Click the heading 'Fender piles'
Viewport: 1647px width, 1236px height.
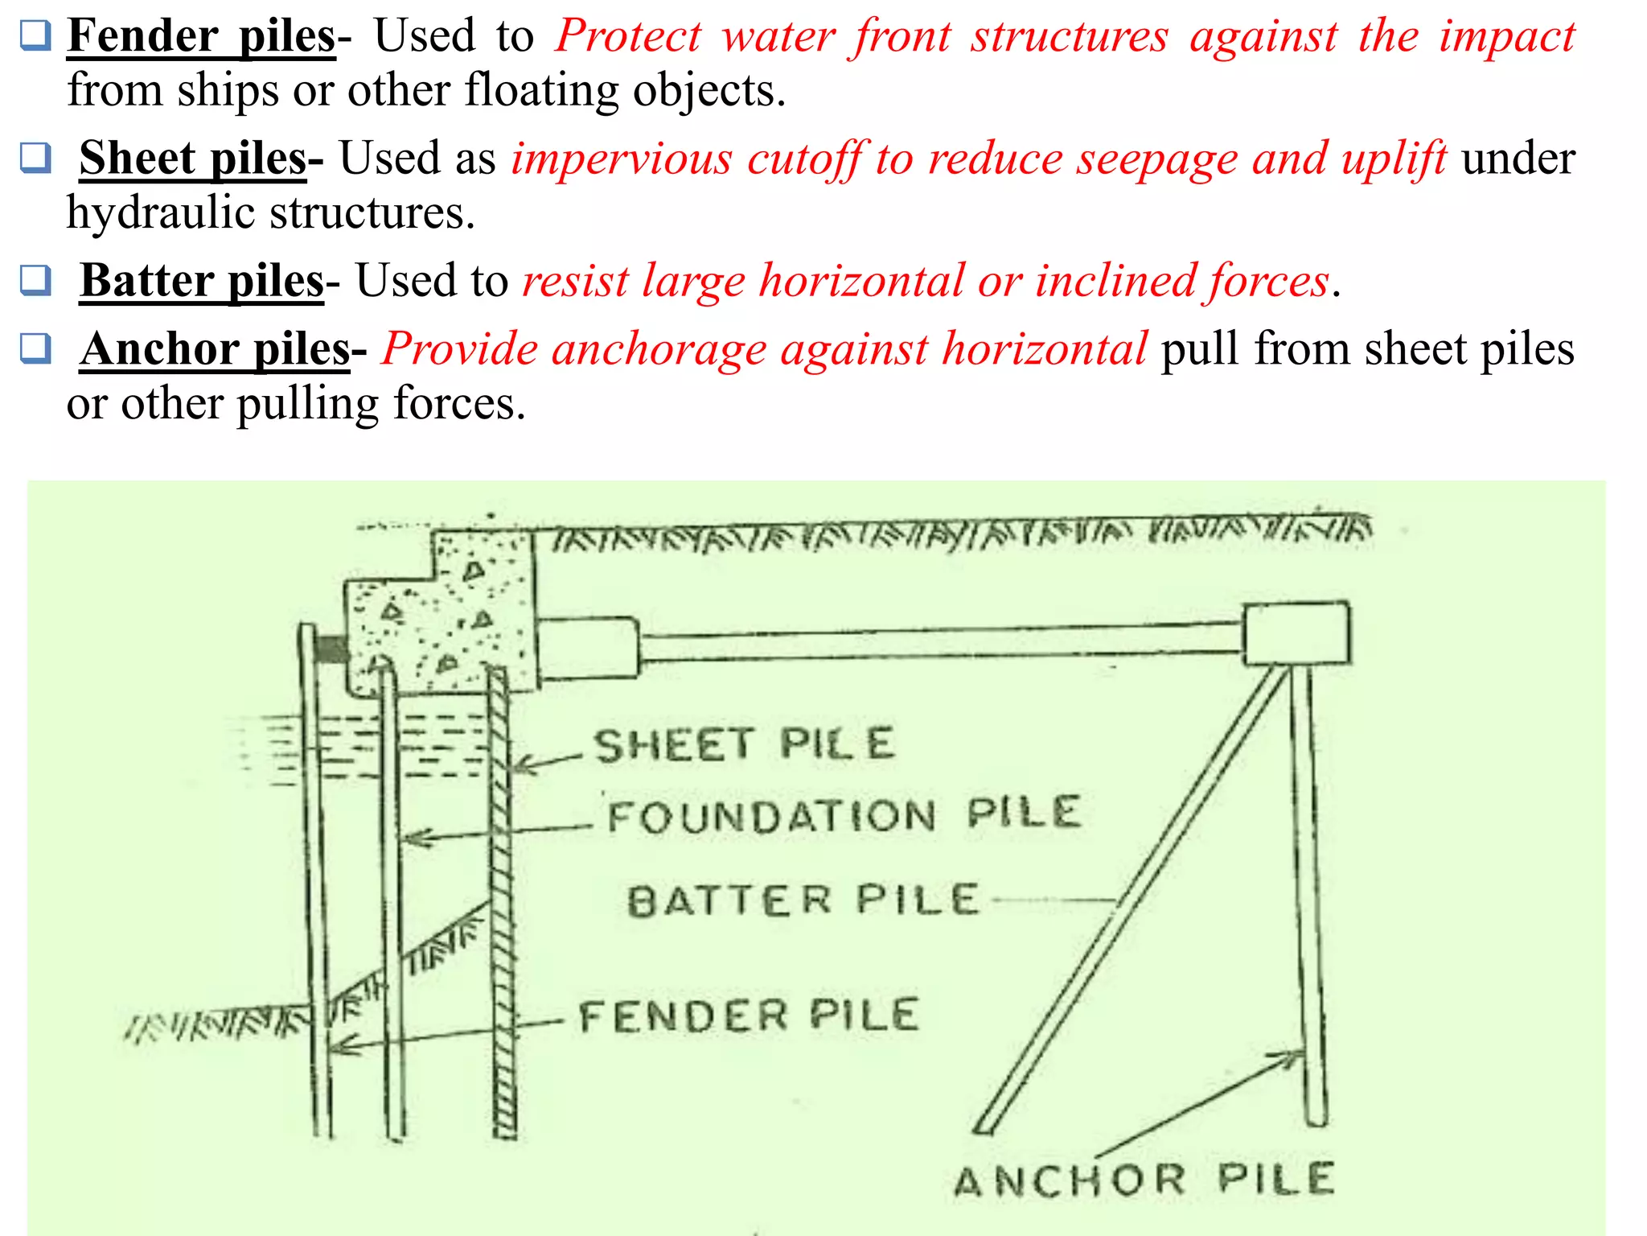[x=201, y=36]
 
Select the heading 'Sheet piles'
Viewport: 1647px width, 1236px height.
[x=193, y=159]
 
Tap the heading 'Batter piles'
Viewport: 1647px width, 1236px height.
[x=202, y=281]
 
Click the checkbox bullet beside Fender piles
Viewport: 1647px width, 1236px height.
[x=35, y=35]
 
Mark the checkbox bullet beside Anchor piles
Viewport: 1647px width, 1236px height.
[x=35, y=348]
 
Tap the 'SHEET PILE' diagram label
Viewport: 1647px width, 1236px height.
[x=744, y=744]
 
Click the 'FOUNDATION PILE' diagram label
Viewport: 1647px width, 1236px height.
[x=844, y=814]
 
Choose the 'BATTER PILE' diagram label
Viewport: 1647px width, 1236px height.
[x=803, y=900]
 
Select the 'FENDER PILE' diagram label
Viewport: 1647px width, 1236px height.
[x=748, y=1016]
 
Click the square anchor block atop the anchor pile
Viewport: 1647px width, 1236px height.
[x=1296, y=633]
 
